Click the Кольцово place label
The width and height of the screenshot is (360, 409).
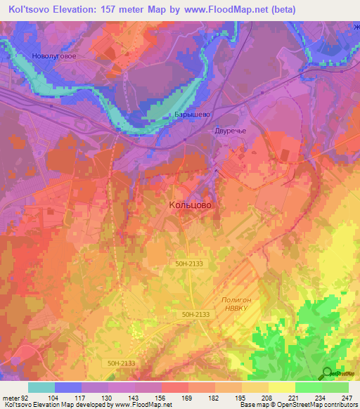click(x=190, y=205)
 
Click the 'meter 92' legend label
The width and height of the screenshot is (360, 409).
click(x=15, y=397)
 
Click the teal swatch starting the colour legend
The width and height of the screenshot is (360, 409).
click(x=41, y=387)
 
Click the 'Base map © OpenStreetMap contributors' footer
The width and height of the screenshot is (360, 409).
click(x=297, y=405)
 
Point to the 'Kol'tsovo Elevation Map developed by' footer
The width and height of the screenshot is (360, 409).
click(x=47, y=405)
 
